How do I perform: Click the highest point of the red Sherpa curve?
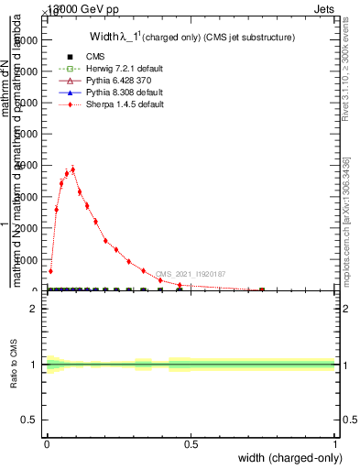click(x=72, y=169)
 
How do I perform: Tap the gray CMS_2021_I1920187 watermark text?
click(x=191, y=274)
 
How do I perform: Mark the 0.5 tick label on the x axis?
click(x=191, y=444)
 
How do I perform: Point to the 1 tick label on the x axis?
click(x=335, y=444)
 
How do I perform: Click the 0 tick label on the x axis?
click(x=47, y=444)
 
